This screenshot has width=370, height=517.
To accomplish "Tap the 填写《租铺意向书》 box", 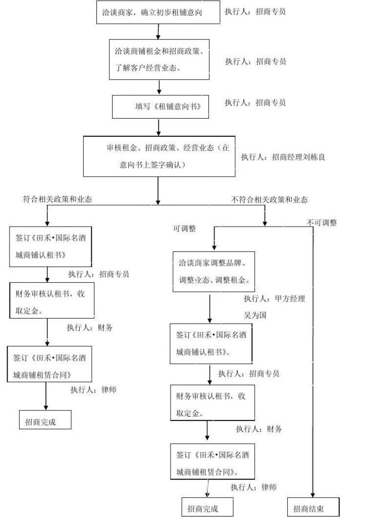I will (159, 106).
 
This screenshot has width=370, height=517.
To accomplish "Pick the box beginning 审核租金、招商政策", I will (159, 156).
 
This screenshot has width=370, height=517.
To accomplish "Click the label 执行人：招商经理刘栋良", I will (283, 157).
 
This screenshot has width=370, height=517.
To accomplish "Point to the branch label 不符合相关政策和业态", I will (269, 199).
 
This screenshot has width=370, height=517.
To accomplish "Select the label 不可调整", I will (322, 223).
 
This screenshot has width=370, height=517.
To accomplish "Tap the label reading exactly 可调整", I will (184, 228).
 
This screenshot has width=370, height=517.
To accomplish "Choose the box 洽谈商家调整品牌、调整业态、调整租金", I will (214, 272).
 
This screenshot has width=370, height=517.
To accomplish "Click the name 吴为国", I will (255, 315).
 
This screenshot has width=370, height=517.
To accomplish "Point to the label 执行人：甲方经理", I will (274, 299).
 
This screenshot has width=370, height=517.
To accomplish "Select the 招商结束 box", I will (313, 507).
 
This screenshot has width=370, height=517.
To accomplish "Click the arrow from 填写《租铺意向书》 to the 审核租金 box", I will (159, 126).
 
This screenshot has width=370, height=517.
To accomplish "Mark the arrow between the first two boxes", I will (159, 31).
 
